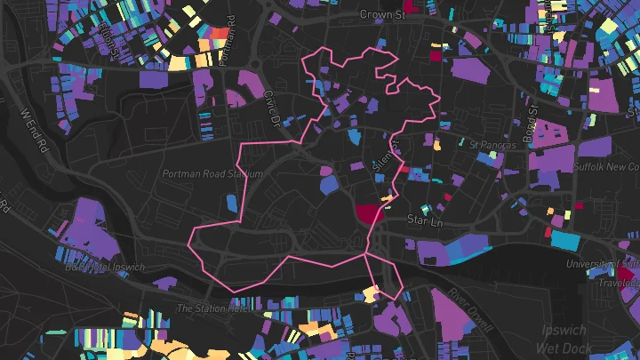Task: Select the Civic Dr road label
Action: (272, 108)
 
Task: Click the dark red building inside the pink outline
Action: (367, 213)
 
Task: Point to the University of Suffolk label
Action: (604, 264)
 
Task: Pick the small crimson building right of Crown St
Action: (436, 55)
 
